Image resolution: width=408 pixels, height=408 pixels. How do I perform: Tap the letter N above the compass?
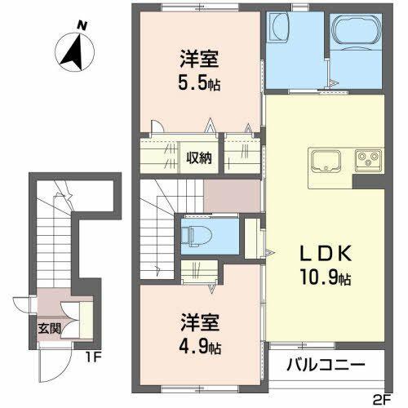[81, 25]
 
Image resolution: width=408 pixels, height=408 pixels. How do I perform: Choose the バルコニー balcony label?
[325, 365]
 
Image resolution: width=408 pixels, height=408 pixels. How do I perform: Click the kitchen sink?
[322, 158]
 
